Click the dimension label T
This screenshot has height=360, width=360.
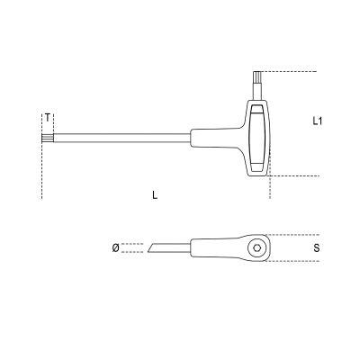(47, 118)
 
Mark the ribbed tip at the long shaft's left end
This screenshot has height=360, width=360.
(47, 138)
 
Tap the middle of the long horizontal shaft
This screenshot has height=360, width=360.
(121, 138)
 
